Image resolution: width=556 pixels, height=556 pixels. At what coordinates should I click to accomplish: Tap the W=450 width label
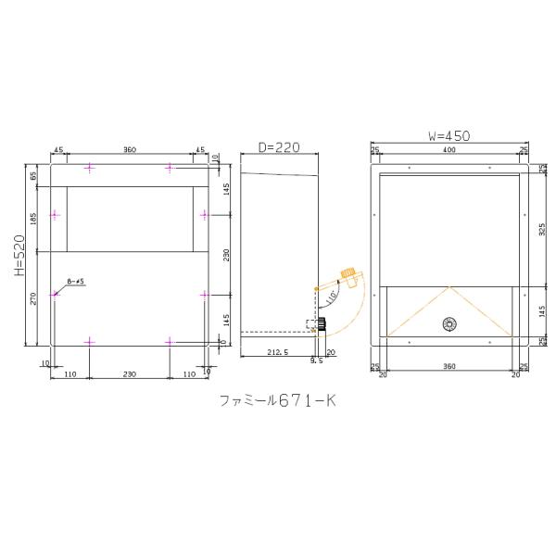tap(449, 135)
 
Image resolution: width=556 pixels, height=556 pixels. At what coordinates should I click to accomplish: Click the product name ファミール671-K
tap(278, 401)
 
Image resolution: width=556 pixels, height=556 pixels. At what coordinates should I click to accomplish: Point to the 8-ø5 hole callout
tap(77, 281)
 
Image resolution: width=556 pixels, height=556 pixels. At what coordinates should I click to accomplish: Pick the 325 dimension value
tap(544, 228)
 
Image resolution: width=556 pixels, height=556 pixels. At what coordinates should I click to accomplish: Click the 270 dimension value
tap(35, 298)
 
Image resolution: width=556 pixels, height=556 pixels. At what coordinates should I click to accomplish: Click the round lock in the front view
tap(449, 323)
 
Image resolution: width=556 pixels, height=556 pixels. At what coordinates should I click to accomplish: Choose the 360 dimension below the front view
tap(449, 368)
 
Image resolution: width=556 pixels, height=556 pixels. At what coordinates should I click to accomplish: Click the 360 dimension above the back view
tap(129, 149)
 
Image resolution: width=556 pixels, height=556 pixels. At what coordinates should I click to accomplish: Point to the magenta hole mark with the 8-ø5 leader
tap(55, 294)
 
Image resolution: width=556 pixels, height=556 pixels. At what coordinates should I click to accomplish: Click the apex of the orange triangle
tap(449, 284)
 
